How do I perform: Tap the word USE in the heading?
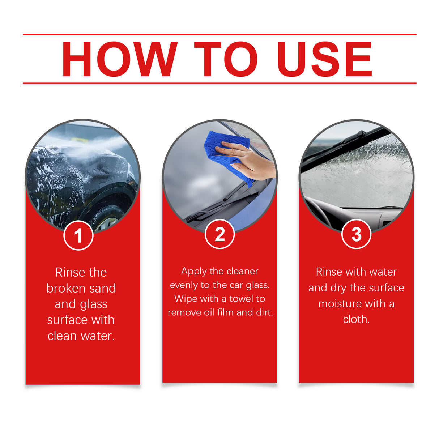tap(324, 59)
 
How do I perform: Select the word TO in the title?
tap(226, 59)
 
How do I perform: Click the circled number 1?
tap(78, 235)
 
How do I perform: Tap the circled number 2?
tap(219, 234)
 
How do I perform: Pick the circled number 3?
tap(356, 234)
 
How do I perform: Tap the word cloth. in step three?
tap(356, 319)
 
